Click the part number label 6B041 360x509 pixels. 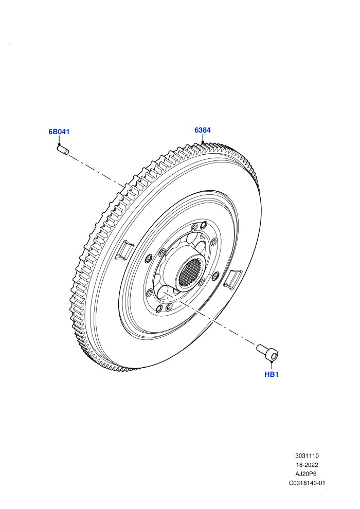59,132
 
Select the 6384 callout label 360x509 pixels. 203,130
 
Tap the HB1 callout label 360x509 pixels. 272,374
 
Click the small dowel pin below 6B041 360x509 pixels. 63,150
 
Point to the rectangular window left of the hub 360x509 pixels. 124,250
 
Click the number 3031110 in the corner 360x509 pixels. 307,456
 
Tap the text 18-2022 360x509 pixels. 307,465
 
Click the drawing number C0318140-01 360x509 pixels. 307,483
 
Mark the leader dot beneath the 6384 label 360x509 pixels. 203,142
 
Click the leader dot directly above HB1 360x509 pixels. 272,361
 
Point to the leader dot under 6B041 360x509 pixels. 59,144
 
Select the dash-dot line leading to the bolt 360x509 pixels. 210,318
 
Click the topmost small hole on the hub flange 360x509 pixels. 204,224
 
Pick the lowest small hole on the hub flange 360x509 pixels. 159,308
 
